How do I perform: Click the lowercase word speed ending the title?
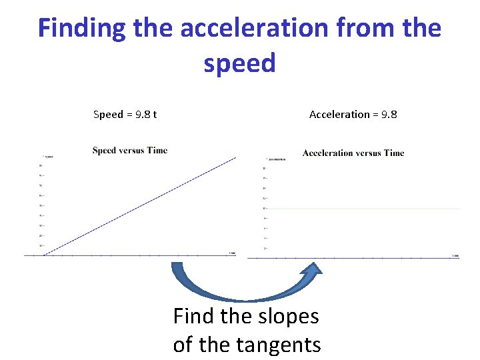(239, 63)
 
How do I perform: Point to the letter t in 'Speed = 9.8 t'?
(155, 115)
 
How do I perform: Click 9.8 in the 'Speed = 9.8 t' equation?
(143, 115)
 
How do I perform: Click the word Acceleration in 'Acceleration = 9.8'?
(339, 115)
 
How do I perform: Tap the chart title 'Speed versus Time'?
(130, 151)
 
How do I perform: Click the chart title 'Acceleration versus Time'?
(353, 153)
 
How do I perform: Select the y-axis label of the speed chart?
(48, 156)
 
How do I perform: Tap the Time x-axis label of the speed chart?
(231, 253)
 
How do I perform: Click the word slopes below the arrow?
(286, 316)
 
